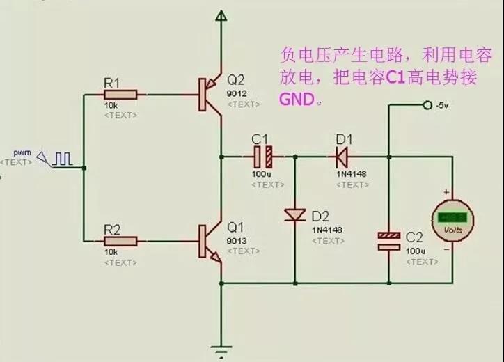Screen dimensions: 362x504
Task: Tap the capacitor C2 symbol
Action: click(389, 241)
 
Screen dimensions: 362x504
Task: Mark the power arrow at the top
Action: click(221, 15)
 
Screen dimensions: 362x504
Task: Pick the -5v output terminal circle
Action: click(427, 105)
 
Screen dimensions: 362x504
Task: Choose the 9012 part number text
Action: click(236, 93)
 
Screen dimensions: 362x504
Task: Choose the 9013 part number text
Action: click(236, 240)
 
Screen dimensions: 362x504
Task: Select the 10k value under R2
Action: click(111, 251)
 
